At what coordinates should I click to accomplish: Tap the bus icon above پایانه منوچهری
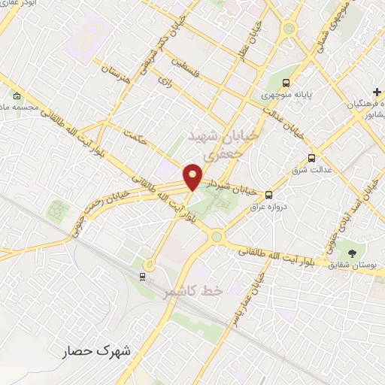tap(286, 83)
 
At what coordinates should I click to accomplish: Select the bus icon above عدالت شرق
tap(311, 158)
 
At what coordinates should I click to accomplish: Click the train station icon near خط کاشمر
tap(142, 277)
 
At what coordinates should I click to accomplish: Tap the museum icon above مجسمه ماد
tap(17, 95)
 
